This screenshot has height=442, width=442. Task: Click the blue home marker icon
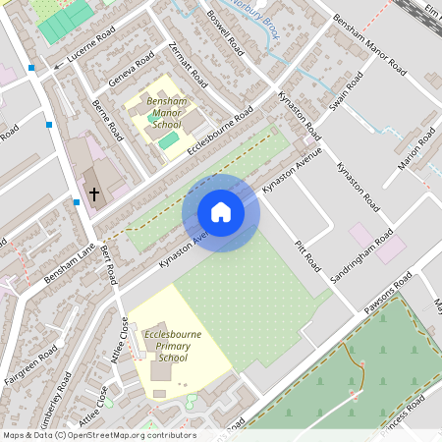(x=221, y=212)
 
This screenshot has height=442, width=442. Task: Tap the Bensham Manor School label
(x=164, y=114)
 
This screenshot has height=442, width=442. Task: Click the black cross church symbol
(x=94, y=193)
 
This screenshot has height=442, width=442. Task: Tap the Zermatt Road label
(x=190, y=62)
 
